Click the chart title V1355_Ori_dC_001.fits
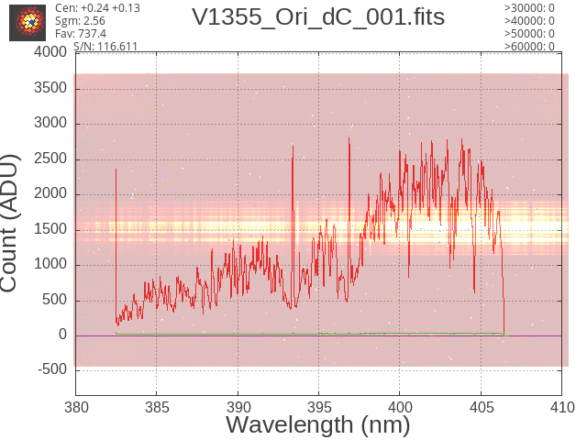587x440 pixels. coord(318,17)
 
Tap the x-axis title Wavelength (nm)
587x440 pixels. coord(318,424)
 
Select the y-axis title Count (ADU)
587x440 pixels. coord(9,223)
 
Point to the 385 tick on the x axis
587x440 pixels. coord(157,407)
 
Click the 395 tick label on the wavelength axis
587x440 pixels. coord(319,407)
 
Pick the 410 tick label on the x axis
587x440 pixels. coord(562,407)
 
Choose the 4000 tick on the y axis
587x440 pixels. coord(50,52)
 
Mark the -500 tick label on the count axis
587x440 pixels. coord(52,369)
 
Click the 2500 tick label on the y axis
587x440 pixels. coord(50,159)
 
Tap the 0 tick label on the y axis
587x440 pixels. coord(62,335)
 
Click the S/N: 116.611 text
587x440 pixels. coord(105,47)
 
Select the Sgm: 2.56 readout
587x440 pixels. coord(80,21)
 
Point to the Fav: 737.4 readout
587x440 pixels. coord(81,34)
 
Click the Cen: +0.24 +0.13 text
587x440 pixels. coord(97,8)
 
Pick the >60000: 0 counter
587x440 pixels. coord(529,47)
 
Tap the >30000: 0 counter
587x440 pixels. coord(529,8)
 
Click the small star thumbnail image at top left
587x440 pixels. coord(28,23)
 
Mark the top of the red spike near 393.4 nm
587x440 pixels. coord(293,147)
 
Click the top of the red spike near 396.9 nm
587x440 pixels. coord(349,138)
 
